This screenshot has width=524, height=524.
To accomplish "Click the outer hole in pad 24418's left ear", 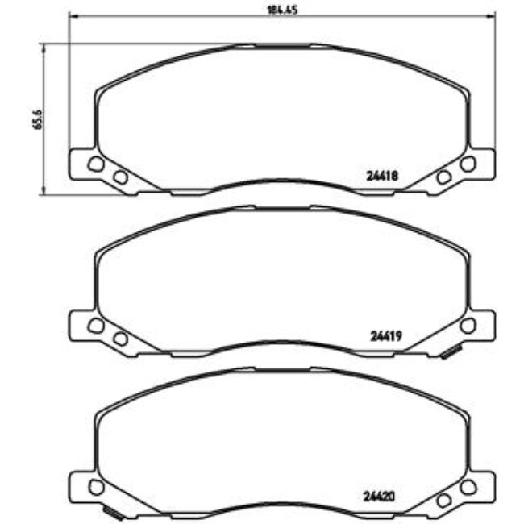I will tap(96, 164).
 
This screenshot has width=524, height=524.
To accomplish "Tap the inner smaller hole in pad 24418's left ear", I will tap(120, 177).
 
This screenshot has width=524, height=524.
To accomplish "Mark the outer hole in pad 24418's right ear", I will tap(468, 164).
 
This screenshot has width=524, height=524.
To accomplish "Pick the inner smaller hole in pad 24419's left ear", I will tap(120, 339).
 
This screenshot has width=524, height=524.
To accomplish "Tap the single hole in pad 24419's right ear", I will tap(468, 325).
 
